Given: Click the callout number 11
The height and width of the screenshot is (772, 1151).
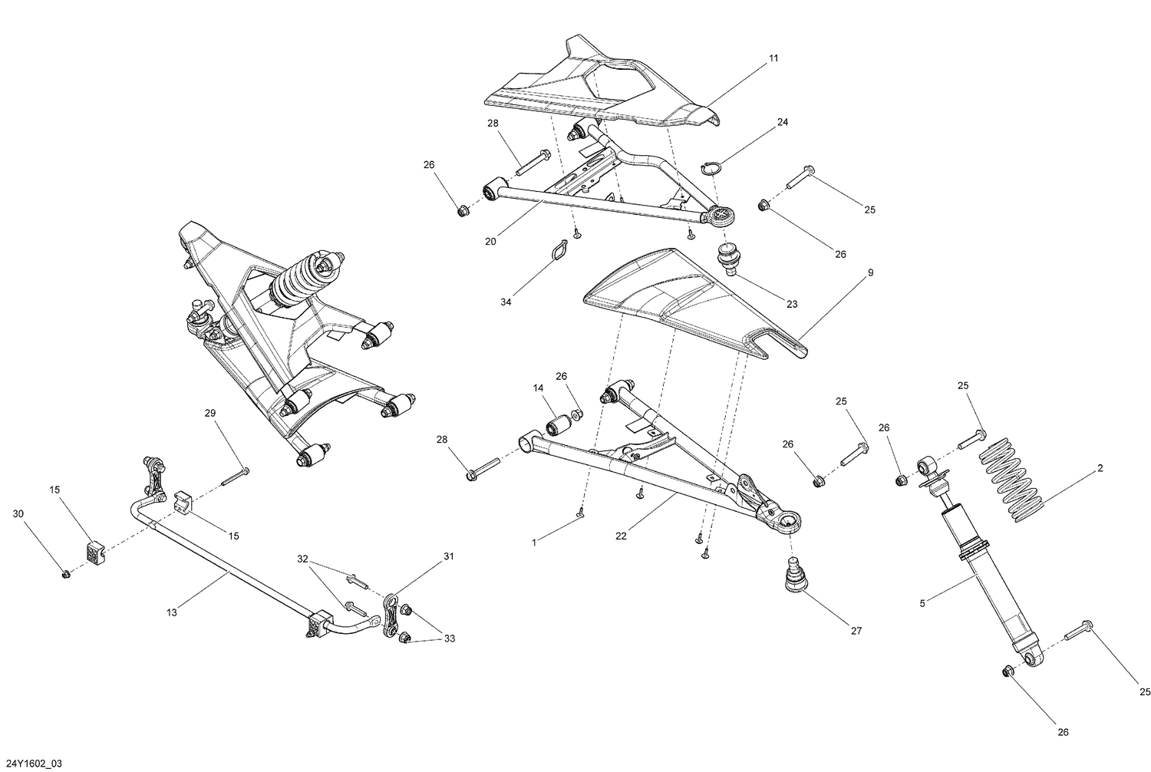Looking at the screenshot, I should pyautogui.click(x=773, y=58).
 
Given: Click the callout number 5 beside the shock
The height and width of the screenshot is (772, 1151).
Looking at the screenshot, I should pyautogui.click(x=922, y=604).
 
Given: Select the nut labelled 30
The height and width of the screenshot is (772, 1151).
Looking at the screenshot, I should pyautogui.click(x=65, y=573).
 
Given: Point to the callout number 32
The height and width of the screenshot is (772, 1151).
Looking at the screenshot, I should pyautogui.click(x=302, y=559).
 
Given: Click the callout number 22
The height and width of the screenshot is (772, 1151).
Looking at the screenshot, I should pyautogui.click(x=621, y=536).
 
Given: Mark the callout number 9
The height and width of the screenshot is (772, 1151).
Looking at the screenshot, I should pyautogui.click(x=870, y=272).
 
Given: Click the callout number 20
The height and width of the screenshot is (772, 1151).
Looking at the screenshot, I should pyautogui.click(x=490, y=241).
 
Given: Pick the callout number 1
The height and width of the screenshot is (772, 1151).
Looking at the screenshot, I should pyautogui.click(x=534, y=542).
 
